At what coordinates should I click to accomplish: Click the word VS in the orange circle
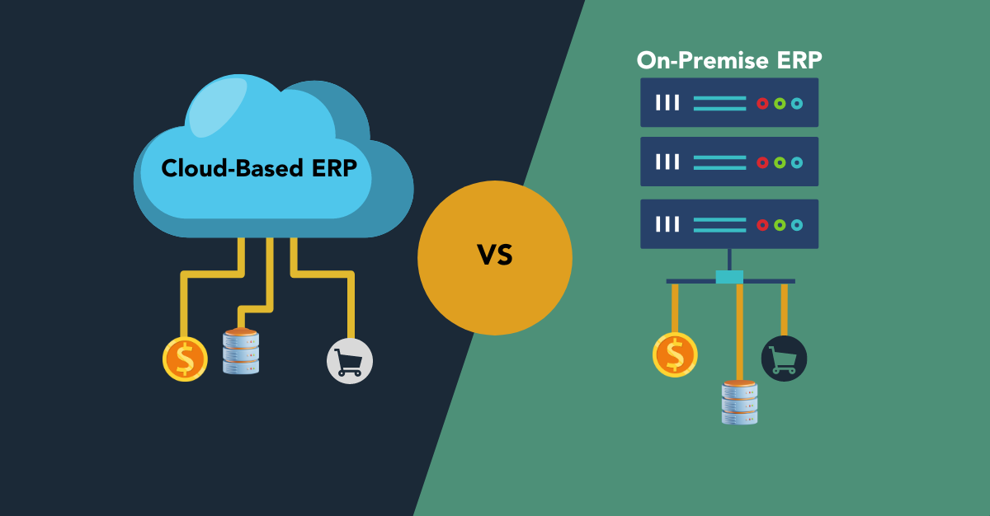click(495, 256)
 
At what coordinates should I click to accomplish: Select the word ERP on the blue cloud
click(334, 168)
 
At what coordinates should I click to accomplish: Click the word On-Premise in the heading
click(696, 61)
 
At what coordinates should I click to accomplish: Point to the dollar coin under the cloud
click(185, 359)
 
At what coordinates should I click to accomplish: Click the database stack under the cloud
click(241, 350)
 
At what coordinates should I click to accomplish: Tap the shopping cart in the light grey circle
click(350, 361)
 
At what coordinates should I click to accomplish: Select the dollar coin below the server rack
click(675, 354)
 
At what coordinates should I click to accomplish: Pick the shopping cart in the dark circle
click(784, 359)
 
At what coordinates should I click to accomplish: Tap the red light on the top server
click(762, 103)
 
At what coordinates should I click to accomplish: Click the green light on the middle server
click(780, 162)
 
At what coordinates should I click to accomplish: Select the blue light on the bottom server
click(796, 224)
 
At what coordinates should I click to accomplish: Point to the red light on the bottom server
click(762, 224)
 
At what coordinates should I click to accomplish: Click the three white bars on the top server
click(667, 103)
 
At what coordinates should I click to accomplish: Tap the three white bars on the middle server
click(667, 162)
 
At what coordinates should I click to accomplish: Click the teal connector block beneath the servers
click(729, 277)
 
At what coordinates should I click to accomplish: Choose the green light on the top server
click(780, 103)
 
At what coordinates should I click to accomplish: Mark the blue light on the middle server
click(796, 162)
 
